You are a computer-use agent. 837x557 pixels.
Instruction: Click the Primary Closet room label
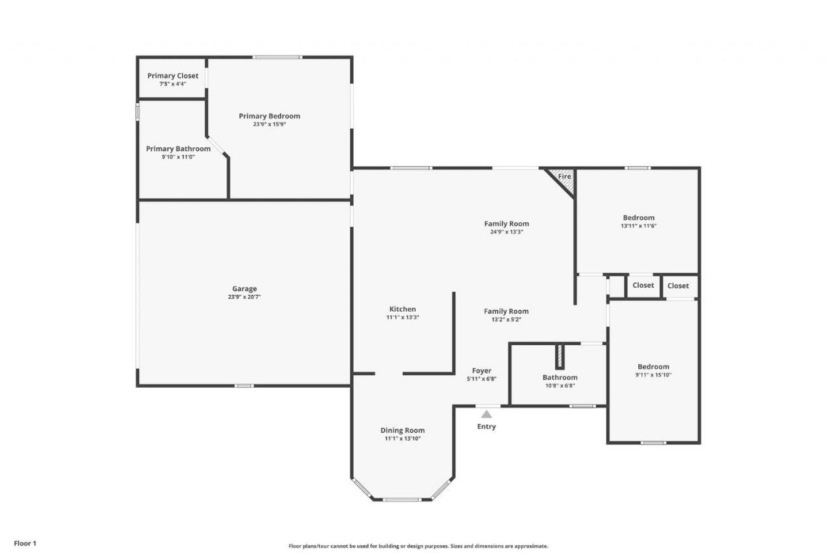pyautogui.click(x=173, y=76)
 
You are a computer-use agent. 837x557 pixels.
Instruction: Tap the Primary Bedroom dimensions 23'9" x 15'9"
pyautogui.click(x=269, y=124)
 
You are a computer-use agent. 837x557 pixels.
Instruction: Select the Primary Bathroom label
pyautogui.click(x=178, y=148)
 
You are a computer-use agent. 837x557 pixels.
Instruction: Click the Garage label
pyautogui.click(x=245, y=288)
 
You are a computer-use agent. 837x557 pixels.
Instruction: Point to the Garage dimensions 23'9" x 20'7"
pyautogui.click(x=245, y=297)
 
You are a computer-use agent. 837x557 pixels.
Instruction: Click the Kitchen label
pyautogui.click(x=402, y=309)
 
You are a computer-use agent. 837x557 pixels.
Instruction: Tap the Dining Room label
pyautogui.click(x=402, y=430)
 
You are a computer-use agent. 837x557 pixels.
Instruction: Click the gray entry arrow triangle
pyautogui.click(x=486, y=413)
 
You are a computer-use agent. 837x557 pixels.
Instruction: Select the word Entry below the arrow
pyautogui.click(x=486, y=426)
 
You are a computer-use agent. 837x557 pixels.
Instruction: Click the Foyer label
pyautogui.click(x=481, y=371)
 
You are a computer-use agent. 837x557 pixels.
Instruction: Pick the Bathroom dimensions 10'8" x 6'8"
pyautogui.click(x=560, y=386)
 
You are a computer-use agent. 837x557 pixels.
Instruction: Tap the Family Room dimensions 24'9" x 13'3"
pyautogui.click(x=506, y=232)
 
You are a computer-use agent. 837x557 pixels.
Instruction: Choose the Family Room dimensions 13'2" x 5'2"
pyautogui.click(x=506, y=320)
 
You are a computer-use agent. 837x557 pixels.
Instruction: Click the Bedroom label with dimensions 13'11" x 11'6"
pyautogui.click(x=638, y=218)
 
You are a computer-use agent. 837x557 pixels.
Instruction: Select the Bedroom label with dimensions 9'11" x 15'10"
pyautogui.click(x=653, y=367)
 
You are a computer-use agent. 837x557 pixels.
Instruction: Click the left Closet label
pyautogui.click(x=643, y=285)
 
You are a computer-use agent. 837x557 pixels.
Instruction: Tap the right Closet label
pyautogui.click(x=678, y=286)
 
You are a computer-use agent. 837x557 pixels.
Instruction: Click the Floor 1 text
pyautogui.click(x=26, y=543)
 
